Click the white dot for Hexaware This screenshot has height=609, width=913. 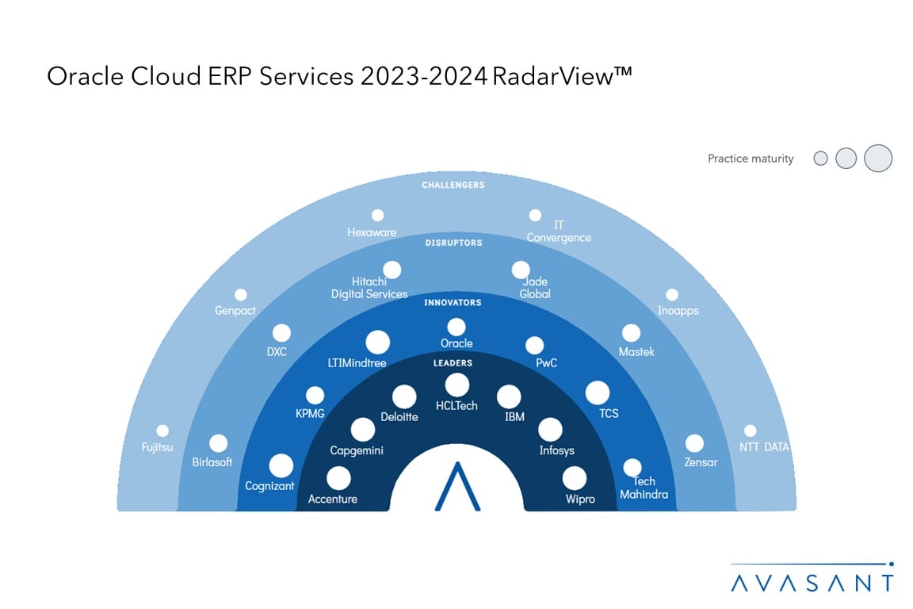click(x=378, y=215)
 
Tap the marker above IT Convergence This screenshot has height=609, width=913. click(x=535, y=215)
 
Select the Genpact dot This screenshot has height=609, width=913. click(x=241, y=295)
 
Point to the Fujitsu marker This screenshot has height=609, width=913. click(x=162, y=431)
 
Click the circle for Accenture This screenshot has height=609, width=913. click(x=338, y=478)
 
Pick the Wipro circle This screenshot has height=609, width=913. click(x=575, y=478)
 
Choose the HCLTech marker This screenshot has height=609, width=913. click(x=456, y=385)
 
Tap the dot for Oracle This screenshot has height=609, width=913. click(x=456, y=327)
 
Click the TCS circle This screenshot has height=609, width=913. click(x=598, y=393)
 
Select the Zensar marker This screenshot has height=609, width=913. click(x=694, y=443)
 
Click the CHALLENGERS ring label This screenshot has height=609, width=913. click(x=453, y=185)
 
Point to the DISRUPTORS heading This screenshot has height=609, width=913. click(x=453, y=243)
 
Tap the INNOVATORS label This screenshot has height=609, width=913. click(x=453, y=302)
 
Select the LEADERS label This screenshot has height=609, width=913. click(x=453, y=362)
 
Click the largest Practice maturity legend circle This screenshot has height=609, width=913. click(x=878, y=159)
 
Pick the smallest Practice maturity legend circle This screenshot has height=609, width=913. click(x=821, y=159)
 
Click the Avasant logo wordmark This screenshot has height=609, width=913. click(x=812, y=582)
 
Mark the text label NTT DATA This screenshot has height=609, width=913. click(x=764, y=447)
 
